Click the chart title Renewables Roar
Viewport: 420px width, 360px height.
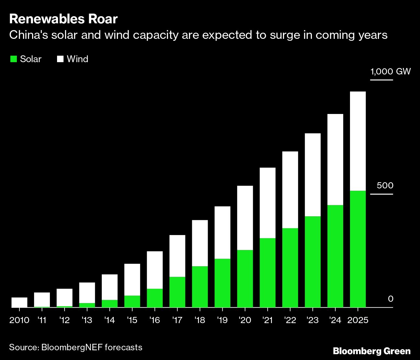pos(63,19)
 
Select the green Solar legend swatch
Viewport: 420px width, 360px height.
pos(13,59)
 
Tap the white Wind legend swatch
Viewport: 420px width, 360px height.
pos(60,59)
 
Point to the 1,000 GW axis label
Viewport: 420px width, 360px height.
pos(391,71)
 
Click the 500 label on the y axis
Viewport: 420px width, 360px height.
pos(385,186)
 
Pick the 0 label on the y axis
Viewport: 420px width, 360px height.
pos(391,299)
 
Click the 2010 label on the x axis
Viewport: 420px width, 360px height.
pos(19,320)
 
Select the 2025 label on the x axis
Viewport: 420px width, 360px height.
pos(358,320)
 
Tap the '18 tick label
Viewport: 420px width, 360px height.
pos(200,320)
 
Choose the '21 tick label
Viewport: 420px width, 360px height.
pos(268,320)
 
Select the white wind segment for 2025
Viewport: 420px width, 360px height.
pos(358,141)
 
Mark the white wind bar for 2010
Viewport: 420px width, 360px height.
pos(19,302)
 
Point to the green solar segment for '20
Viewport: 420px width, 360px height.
pos(245,278)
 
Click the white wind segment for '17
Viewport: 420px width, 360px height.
pos(177,256)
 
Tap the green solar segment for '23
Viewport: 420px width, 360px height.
pos(313,262)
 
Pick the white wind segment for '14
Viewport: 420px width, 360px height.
pos(110,287)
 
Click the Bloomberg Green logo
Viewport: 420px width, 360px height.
pos(372,351)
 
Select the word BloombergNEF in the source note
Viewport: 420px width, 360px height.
pos(72,347)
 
